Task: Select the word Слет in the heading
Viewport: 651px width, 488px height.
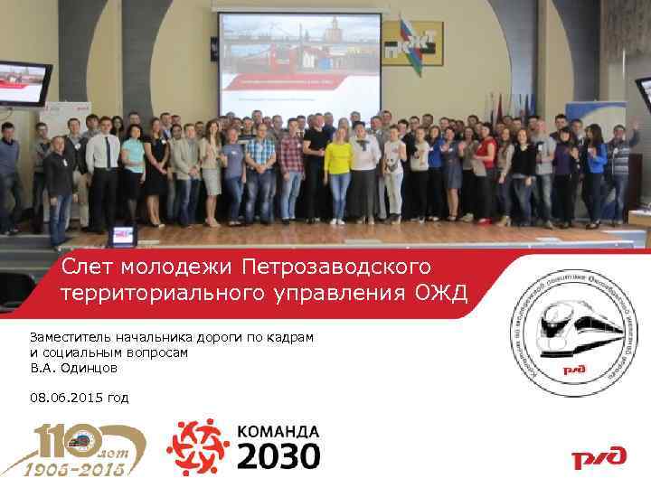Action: [87, 267]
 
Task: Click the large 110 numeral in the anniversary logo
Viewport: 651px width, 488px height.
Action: [59, 440]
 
